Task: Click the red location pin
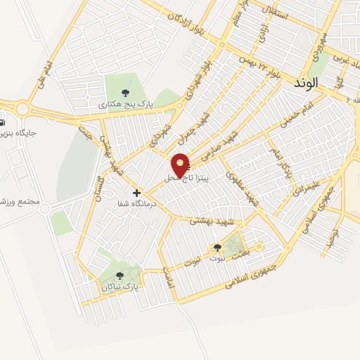click(181, 165)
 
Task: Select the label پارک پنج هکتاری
click(126, 103)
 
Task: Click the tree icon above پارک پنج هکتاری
click(126, 92)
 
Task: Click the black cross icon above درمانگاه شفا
click(136, 193)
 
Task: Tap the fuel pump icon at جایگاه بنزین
click(3, 120)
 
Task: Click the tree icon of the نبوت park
click(217, 247)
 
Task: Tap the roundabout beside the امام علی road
click(22, 109)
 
